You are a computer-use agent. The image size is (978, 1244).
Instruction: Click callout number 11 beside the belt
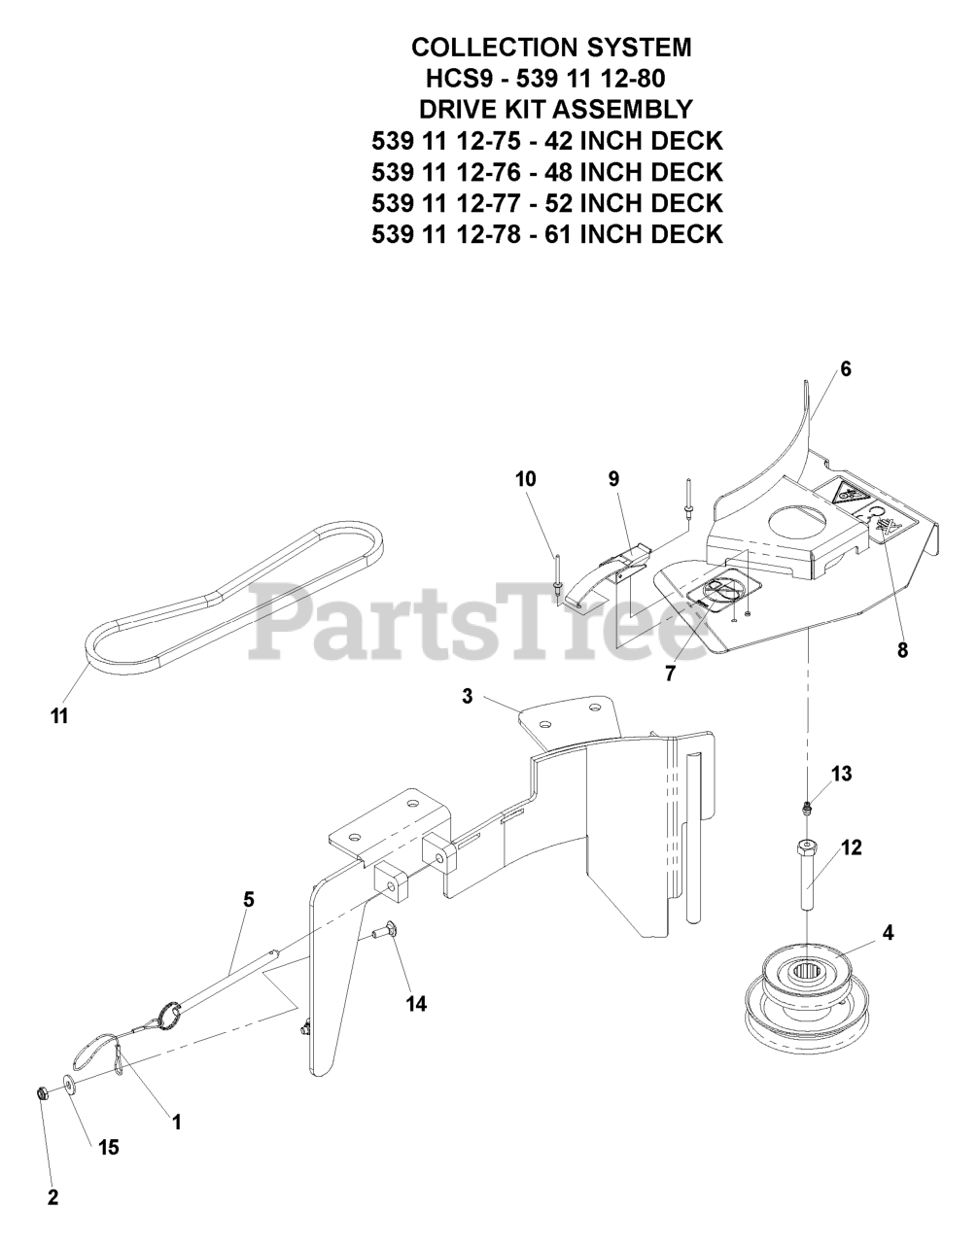[60, 717]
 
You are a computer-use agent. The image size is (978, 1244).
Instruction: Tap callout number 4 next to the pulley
[888, 934]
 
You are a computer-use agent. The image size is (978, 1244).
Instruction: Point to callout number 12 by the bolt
[851, 847]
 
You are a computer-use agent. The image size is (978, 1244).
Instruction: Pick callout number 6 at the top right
[845, 369]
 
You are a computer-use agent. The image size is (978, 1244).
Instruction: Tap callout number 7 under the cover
[670, 672]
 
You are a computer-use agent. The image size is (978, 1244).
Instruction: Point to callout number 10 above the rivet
[526, 479]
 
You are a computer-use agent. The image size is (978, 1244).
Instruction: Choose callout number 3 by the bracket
[468, 697]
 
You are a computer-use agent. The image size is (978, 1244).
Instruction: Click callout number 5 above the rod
[249, 900]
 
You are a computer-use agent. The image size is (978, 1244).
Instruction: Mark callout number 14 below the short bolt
[416, 1004]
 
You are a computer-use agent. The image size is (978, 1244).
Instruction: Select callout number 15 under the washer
[108, 1148]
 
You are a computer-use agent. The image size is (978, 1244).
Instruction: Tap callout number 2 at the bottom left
[52, 1198]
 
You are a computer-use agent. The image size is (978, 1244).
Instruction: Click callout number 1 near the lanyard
[176, 1123]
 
